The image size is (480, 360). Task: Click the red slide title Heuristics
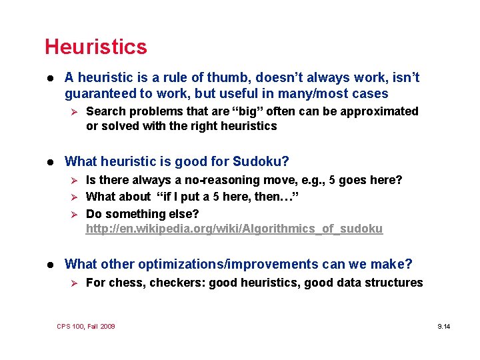coord(95,47)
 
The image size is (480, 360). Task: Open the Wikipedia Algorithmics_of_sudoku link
coord(234,229)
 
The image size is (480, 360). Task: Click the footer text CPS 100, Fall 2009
coord(86,326)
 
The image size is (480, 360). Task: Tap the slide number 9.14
coord(443,326)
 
